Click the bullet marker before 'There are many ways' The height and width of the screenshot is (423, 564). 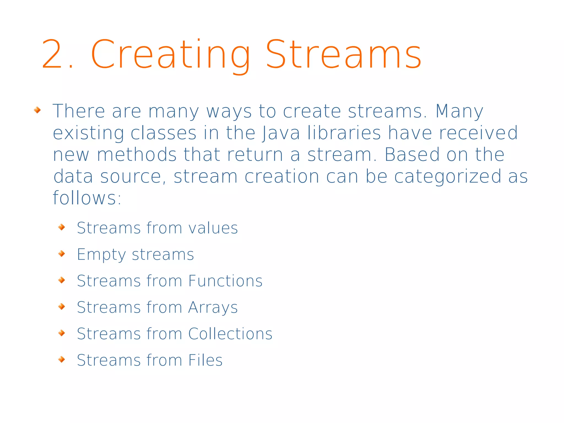(37, 111)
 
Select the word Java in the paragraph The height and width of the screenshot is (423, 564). (281, 133)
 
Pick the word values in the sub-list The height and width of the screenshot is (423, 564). (213, 228)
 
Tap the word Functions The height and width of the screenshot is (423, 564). (225, 281)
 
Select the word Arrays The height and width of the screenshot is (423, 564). (213, 308)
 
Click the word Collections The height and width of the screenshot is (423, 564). (230, 334)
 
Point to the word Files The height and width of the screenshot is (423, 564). (205, 360)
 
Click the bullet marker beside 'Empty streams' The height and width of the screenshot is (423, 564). (62, 254)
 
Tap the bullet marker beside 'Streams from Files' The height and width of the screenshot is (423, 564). (62, 359)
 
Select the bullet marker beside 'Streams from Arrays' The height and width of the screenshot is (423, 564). (62, 306)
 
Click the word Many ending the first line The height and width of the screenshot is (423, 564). (459, 111)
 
